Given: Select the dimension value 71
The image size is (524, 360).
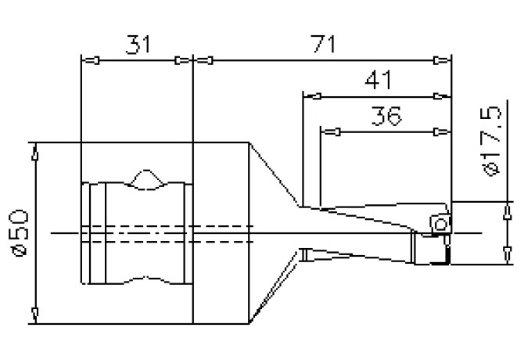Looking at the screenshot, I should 322,45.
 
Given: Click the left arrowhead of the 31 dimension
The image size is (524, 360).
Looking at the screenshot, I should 90,60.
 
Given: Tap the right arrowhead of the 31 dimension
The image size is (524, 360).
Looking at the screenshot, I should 183,60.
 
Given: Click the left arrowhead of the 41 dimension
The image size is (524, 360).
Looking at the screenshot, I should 312,96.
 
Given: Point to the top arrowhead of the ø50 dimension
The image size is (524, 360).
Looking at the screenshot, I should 34,152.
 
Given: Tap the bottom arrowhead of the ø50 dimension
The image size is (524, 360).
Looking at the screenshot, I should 34,315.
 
